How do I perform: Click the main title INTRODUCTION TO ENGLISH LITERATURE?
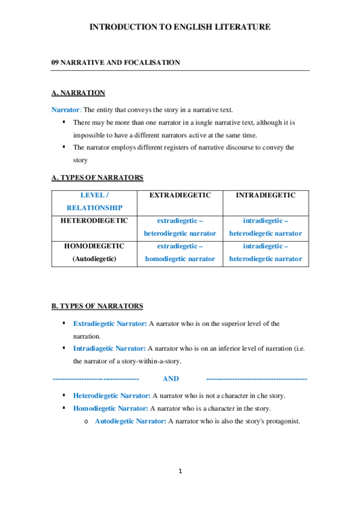[180, 27]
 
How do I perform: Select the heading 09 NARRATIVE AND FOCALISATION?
[115, 62]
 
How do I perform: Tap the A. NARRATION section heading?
[78, 93]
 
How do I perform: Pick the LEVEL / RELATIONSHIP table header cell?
[94, 201]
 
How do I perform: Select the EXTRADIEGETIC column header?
[180, 195]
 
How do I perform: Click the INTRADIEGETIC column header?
[266, 195]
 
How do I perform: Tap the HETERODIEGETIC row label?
[94, 221]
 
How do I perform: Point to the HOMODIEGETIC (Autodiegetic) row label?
[94, 252]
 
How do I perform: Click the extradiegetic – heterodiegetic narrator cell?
[180, 227]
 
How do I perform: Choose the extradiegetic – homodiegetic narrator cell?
[180, 252]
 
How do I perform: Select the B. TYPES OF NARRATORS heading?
[97, 306]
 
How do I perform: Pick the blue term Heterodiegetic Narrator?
[112, 396]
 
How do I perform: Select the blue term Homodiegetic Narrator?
[110, 408]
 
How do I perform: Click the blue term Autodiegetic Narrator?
[130, 421]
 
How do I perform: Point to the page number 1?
[180, 470]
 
